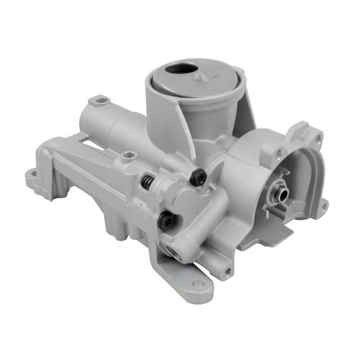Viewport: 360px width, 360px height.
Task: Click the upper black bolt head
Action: point(199,176)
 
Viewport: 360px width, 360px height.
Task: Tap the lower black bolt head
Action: point(167,220)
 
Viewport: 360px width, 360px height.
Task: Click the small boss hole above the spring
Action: point(129,155)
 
